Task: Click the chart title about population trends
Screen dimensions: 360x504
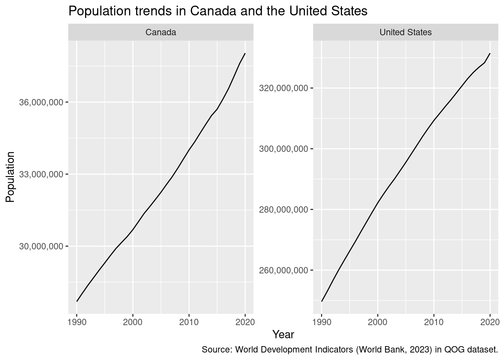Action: click(x=217, y=11)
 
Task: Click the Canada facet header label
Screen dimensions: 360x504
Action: click(x=160, y=32)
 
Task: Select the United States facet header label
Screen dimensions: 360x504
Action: click(x=405, y=32)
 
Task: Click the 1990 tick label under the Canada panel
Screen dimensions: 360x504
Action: click(x=76, y=322)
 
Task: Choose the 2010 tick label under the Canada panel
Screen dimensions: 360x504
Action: click(x=189, y=322)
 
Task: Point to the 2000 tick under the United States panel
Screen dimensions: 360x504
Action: click(x=378, y=322)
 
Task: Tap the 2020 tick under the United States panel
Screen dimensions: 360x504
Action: click(x=490, y=322)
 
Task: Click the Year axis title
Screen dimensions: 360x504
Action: click(x=283, y=334)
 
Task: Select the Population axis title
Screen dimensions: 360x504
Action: click(x=10, y=177)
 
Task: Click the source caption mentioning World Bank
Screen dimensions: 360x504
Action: click(x=349, y=350)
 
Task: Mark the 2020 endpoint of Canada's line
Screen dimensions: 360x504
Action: click(x=245, y=54)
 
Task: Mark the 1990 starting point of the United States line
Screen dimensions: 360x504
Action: click(x=322, y=301)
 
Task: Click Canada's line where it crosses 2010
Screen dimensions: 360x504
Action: click(x=189, y=150)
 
